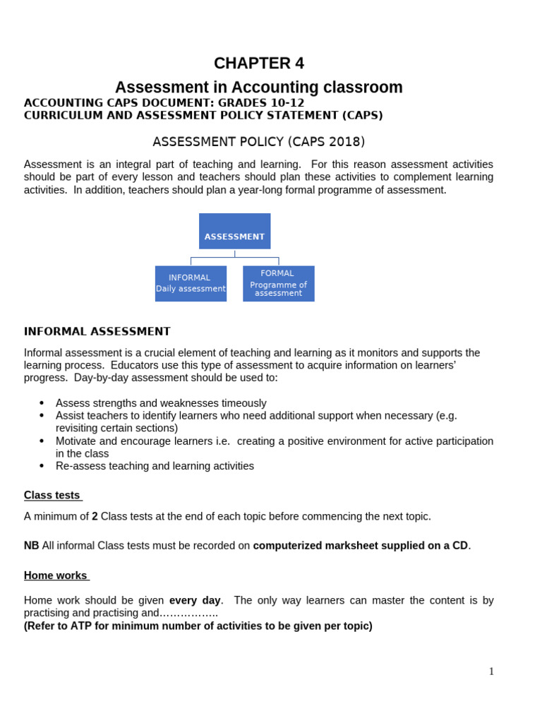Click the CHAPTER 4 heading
point(259,64)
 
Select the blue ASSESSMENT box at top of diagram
point(234,231)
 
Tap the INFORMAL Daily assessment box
point(191,283)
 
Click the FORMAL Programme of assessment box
point(278,283)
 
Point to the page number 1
point(491,671)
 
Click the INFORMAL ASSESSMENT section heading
point(97,331)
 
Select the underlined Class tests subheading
point(52,495)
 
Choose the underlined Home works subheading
point(56,575)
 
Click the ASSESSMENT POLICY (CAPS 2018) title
point(258,142)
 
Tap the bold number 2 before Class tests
point(95,516)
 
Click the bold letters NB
point(32,546)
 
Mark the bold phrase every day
point(195,600)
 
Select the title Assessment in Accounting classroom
point(258,88)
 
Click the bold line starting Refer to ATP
point(198,626)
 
